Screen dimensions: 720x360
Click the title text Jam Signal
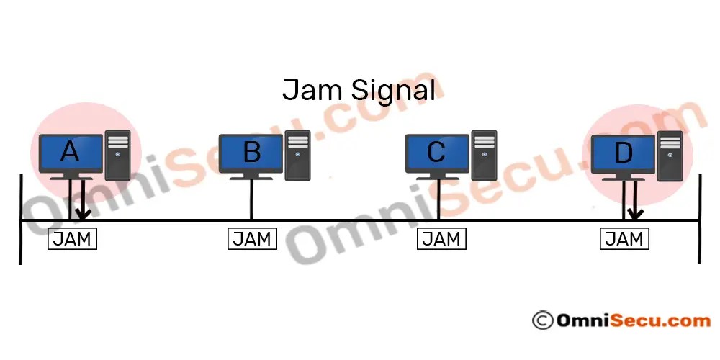[358, 91]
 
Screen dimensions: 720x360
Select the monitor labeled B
[251, 153]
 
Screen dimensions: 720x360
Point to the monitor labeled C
[437, 153]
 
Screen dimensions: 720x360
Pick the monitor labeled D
[623, 153]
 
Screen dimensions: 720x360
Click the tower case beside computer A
[117, 154]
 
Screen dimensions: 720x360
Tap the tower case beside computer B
[297, 154]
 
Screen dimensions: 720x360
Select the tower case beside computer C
[484, 154]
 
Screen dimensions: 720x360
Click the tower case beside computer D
[670, 154]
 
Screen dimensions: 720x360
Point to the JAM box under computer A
[72, 239]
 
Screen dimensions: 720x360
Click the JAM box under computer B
[252, 239]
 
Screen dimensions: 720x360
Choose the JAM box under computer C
[441, 239]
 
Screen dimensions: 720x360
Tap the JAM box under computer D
[624, 239]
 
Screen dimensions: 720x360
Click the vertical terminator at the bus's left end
[21, 220]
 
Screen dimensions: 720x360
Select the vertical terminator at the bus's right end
[699, 220]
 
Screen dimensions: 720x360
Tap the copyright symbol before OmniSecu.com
[541, 320]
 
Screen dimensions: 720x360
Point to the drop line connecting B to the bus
[251, 199]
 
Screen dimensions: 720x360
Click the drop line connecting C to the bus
[438, 199]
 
